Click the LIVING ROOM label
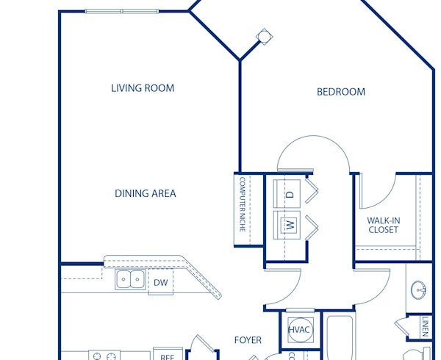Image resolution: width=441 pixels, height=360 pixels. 143,88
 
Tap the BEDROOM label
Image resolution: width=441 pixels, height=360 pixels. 340,92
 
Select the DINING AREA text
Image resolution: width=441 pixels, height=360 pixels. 145,194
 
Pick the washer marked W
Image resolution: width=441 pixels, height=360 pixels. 290,226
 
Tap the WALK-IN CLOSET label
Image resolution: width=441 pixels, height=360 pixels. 382,225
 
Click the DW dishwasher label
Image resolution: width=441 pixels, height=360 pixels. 160,282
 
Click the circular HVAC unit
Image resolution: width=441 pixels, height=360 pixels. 300,331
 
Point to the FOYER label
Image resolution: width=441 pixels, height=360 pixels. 248,340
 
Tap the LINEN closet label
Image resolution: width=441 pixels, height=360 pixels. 427,327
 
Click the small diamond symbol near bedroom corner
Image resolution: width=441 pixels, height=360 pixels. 263,36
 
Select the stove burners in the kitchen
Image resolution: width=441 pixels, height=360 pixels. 104,356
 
